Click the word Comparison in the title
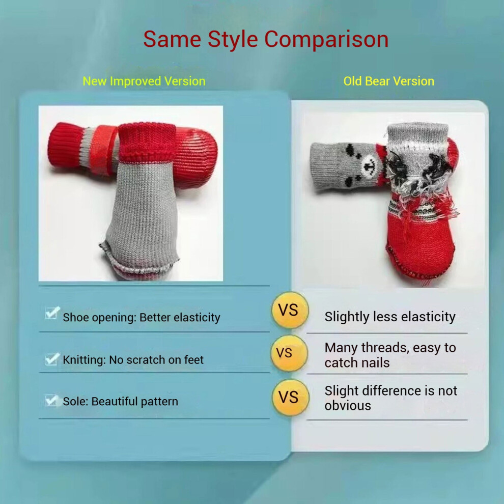click(326, 40)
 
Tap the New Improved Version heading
click(144, 81)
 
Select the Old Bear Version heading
click(388, 81)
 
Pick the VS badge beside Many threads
click(289, 353)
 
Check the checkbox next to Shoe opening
click(52, 313)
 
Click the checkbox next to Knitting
click(52, 359)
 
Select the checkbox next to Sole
click(51, 401)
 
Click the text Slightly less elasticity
click(390, 317)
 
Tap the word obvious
click(348, 406)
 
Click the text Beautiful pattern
click(135, 402)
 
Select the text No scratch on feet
click(156, 360)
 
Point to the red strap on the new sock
click(103, 150)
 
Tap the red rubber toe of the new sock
click(196, 157)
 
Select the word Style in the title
click(233, 40)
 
